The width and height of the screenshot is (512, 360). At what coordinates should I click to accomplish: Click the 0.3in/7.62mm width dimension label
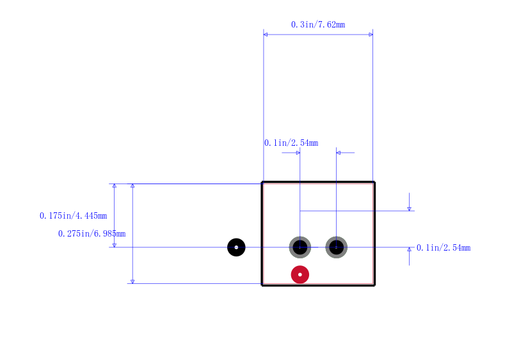[318, 24]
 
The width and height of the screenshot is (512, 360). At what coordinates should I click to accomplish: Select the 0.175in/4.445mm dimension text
[74, 215]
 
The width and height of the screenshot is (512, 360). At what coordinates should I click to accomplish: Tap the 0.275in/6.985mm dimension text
[92, 233]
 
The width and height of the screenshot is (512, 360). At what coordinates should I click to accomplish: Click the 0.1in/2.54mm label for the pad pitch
[291, 143]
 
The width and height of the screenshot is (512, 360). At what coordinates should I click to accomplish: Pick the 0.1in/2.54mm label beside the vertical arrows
[444, 247]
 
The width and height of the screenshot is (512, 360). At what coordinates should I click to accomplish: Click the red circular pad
[300, 274]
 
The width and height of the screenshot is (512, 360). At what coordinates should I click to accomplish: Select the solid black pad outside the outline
[236, 247]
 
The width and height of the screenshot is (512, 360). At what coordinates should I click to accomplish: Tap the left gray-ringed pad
[300, 247]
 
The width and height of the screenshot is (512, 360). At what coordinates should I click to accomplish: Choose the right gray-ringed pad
[337, 247]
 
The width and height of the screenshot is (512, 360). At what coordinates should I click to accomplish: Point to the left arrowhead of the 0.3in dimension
[266, 35]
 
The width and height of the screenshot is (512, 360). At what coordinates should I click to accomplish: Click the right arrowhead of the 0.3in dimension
[371, 35]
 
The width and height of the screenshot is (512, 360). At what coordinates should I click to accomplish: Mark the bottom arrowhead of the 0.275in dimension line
[132, 281]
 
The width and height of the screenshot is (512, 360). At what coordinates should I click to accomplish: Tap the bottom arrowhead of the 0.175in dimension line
[115, 245]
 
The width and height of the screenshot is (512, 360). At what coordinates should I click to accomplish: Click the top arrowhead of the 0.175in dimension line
[115, 186]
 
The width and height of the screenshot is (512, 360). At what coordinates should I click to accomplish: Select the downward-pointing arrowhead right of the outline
[409, 209]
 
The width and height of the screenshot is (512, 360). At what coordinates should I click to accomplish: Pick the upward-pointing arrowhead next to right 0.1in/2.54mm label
[409, 249]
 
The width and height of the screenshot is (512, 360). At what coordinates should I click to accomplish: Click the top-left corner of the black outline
[262, 182]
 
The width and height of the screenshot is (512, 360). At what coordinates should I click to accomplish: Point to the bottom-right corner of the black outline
[374, 285]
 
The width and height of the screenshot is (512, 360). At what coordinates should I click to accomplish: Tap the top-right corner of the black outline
[374, 182]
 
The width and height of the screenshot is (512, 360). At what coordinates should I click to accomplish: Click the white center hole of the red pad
[300, 274]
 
